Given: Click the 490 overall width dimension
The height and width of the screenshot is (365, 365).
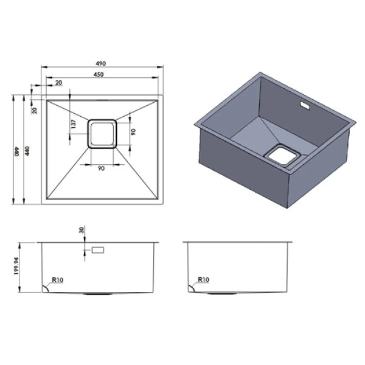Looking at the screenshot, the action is [x=101, y=63].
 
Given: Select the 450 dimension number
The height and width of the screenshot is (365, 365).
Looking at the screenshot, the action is [x=99, y=74].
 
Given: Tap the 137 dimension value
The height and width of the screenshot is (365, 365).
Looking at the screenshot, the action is [x=74, y=124].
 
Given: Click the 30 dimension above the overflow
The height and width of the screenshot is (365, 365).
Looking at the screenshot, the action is [x=82, y=230].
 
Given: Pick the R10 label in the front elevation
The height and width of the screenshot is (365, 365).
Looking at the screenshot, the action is [x=58, y=280].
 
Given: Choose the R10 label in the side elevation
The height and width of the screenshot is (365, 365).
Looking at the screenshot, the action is [x=203, y=280].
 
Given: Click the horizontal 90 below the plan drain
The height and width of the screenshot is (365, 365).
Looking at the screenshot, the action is [x=101, y=169].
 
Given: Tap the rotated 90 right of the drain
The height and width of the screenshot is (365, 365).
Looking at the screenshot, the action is [x=133, y=132].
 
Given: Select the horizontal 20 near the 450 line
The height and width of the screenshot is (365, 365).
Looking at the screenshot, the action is [x=59, y=83].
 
